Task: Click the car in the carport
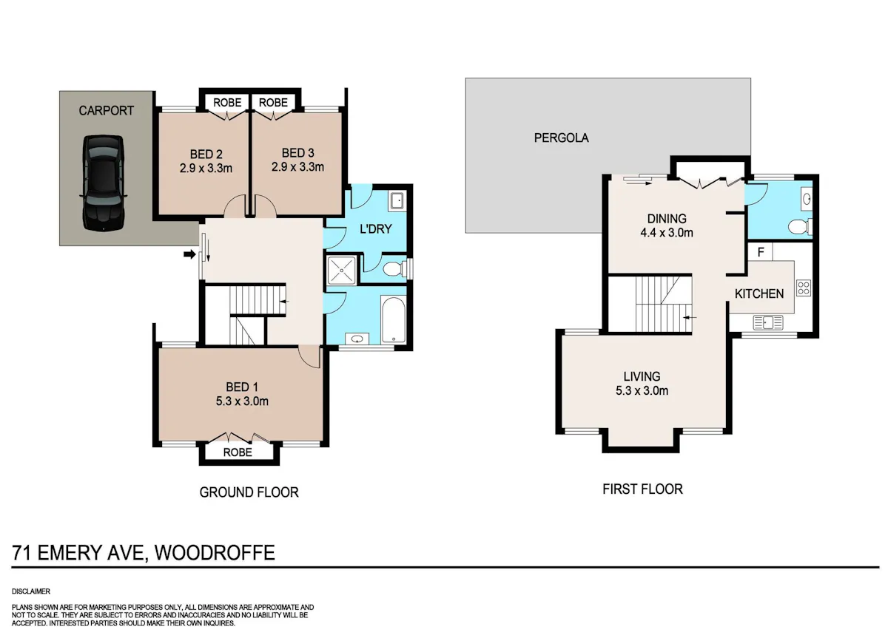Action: [103, 183]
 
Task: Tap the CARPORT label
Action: [107, 110]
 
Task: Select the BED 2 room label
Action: [206, 154]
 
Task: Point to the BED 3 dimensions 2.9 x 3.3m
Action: [297, 167]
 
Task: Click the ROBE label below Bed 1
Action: [238, 452]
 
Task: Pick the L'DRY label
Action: [375, 229]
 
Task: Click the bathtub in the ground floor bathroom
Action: [393, 319]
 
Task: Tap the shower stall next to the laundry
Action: [341, 271]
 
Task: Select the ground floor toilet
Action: [395, 269]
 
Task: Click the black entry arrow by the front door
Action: [189, 254]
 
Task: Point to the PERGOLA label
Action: [561, 138]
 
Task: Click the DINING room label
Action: [667, 219]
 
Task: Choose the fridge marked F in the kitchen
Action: [761, 252]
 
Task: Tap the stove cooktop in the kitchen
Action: [804, 288]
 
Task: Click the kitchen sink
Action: [768, 322]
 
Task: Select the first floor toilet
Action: [800, 227]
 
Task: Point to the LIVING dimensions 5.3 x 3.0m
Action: [642, 390]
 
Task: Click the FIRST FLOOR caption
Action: [642, 489]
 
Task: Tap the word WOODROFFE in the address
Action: [215, 552]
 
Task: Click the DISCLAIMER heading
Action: [31, 591]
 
